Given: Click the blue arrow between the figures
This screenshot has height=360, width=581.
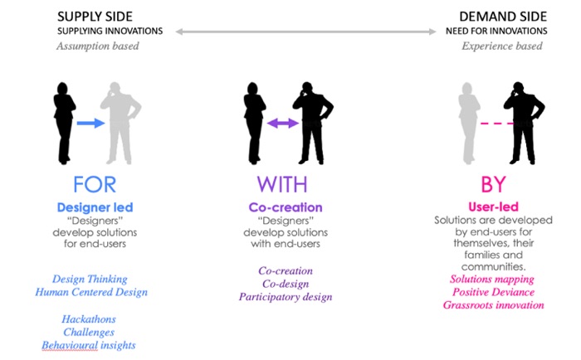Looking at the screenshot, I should tap(90, 124).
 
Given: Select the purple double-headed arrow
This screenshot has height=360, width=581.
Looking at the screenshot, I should tap(283, 124).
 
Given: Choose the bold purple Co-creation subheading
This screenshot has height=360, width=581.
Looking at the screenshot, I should tap(285, 207).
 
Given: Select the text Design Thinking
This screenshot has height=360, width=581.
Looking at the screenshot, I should tap(90, 279).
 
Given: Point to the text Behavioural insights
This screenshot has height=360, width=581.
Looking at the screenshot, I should tap(88, 345).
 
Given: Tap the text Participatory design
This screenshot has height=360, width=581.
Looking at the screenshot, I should tap(285, 297).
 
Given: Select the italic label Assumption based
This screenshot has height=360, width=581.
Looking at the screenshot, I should tap(97, 46).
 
